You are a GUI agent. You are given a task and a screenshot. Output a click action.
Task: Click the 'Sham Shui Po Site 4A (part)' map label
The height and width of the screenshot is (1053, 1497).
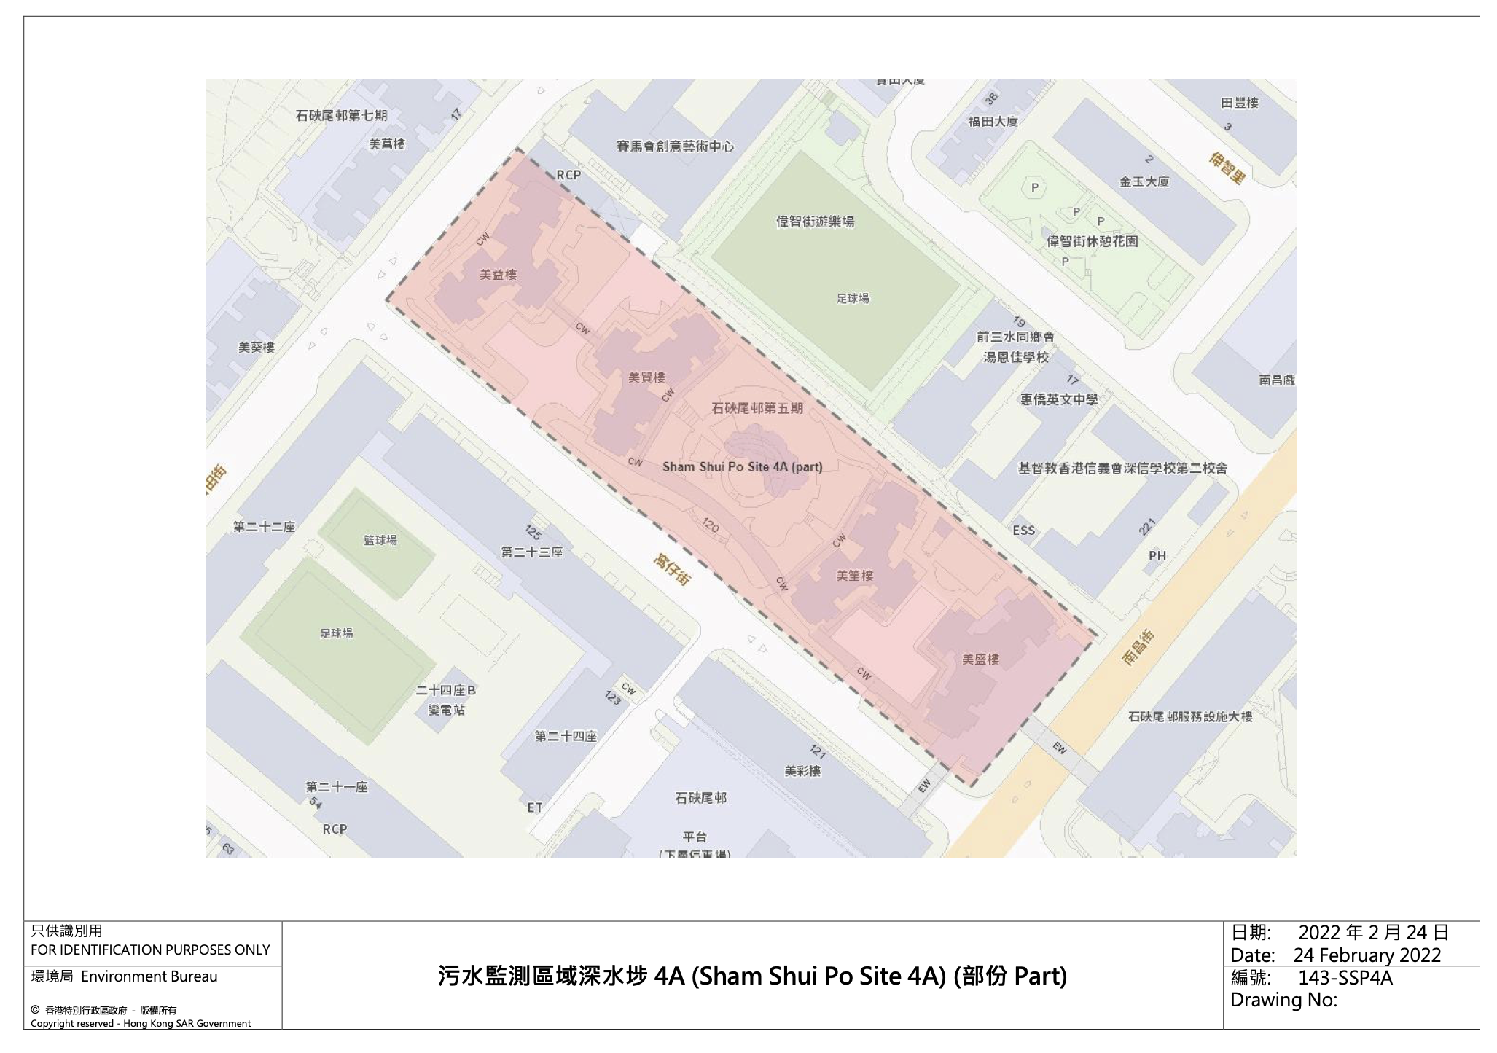(x=742, y=466)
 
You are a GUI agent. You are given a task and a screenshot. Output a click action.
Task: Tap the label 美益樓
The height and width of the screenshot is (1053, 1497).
(x=498, y=275)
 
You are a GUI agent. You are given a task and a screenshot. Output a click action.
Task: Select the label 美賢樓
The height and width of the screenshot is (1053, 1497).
(x=646, y=377)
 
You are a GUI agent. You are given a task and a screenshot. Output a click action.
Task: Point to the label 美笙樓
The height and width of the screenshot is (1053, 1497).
(x=854, y=576)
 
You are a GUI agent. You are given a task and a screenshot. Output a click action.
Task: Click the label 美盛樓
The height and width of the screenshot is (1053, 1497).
(x=980, y=659)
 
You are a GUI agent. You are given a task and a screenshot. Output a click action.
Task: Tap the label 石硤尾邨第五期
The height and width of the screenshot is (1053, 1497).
(x=757, y=408)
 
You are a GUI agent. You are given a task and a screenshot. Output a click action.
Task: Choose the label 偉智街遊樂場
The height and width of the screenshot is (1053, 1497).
(x=815, y=222)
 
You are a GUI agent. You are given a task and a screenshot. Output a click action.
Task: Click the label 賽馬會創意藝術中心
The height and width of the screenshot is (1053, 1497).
(x=675, y=146)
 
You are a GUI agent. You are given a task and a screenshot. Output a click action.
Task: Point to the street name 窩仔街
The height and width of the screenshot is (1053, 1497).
(x=671, y=569)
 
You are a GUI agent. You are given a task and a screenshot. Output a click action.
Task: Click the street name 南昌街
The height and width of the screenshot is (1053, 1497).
(x=1138, y=648)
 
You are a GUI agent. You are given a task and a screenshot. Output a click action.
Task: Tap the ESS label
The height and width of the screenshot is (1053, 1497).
(x=1023, y=531)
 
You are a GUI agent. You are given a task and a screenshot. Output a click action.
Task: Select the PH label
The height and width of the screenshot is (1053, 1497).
(x=1157, y=556)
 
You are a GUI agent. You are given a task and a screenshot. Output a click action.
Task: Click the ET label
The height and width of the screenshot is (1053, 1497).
(x=535, y=807)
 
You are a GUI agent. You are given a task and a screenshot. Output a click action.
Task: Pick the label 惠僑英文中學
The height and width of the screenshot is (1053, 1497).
(x=1058, y=399)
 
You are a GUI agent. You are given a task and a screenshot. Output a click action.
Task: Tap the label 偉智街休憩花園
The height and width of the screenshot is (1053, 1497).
(x=1092, y=241)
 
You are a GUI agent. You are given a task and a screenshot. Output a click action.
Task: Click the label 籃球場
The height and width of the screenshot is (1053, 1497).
(x=380, y=540)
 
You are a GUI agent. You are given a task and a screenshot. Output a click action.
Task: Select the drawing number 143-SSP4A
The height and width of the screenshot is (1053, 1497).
(x=1345, y=977)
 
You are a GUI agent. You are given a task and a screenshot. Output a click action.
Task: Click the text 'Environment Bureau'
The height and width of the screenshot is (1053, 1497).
(x=149, y=976)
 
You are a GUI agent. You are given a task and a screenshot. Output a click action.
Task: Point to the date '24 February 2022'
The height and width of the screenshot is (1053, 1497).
(x=1367, y=955)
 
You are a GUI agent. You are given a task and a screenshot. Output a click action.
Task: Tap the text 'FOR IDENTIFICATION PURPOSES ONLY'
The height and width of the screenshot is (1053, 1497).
(x=150, y=950)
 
